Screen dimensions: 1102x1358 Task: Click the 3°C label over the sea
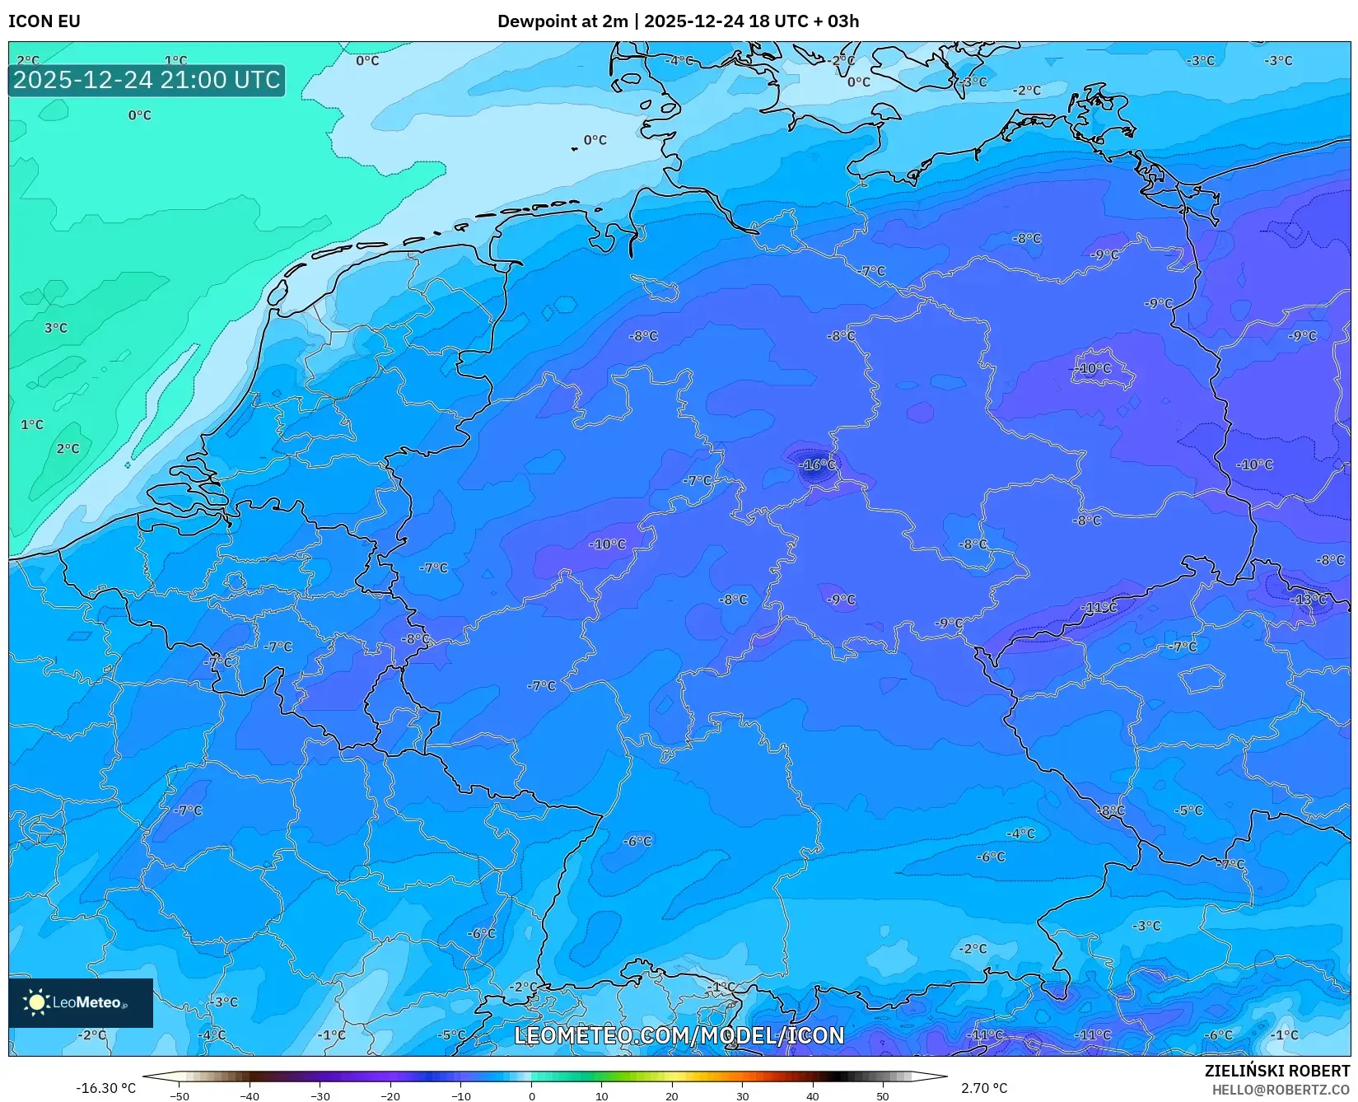pyautogui.click(x=56, y=328)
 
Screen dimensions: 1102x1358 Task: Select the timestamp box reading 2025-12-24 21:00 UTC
pyautogui.click(x=147, y=81)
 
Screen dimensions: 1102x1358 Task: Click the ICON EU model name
pyautogui.click(x=44, y=21)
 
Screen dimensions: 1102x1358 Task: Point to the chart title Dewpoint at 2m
pyautogui.click(x=562, y=21)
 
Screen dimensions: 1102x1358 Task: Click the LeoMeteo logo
pyautogui.click(x=81, y=1002)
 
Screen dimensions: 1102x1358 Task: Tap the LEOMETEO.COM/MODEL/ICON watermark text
pyautogui.click(x=679, y=1036)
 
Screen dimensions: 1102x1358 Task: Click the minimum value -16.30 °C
pyautogui.click(x=105, y=1088)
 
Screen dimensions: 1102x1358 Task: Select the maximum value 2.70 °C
pyautogui.click(x=984, y=1088)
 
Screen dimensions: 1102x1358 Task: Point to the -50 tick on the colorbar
pyautogui.click(x=179, y=1096)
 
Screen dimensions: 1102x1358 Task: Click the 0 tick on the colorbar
pyautogui.click(x=531, y=1096)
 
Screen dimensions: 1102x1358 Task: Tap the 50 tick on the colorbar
pyautogui.click(x=883, y=1096)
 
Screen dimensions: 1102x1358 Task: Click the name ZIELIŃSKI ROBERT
pyautogui.click(x=1277, y=1072)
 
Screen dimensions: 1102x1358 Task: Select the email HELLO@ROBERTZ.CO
pyautogui.click(x=1281, y=1090)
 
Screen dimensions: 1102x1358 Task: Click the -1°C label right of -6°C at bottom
pyautogui.click(x=1284, y=1035)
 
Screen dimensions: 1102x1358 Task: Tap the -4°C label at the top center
pyautogui.click(x=680, y=61)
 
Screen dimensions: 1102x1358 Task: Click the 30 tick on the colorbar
pyautogui.click(x=742, y=1096)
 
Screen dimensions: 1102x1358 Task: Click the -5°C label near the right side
pyautogui.click(x=1189, y=810)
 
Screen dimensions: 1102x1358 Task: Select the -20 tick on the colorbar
pyautogui.click(x=390, y=1096)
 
